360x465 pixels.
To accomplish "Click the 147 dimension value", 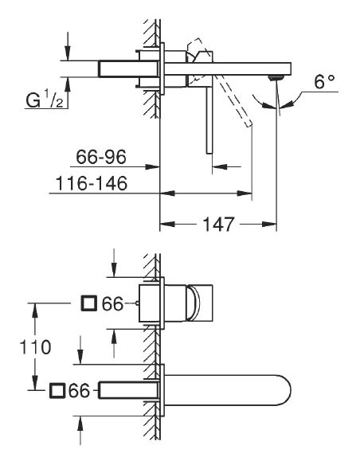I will point(217,225).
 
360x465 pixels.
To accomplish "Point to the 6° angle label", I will point(323,82).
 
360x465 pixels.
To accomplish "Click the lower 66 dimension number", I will point(80,390).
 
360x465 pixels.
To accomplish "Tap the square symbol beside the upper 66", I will point(89,303).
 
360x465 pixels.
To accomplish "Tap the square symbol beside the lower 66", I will point(57,390).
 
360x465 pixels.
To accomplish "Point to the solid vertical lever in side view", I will point(209,119).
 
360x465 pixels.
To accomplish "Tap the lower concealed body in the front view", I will point(127,389).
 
